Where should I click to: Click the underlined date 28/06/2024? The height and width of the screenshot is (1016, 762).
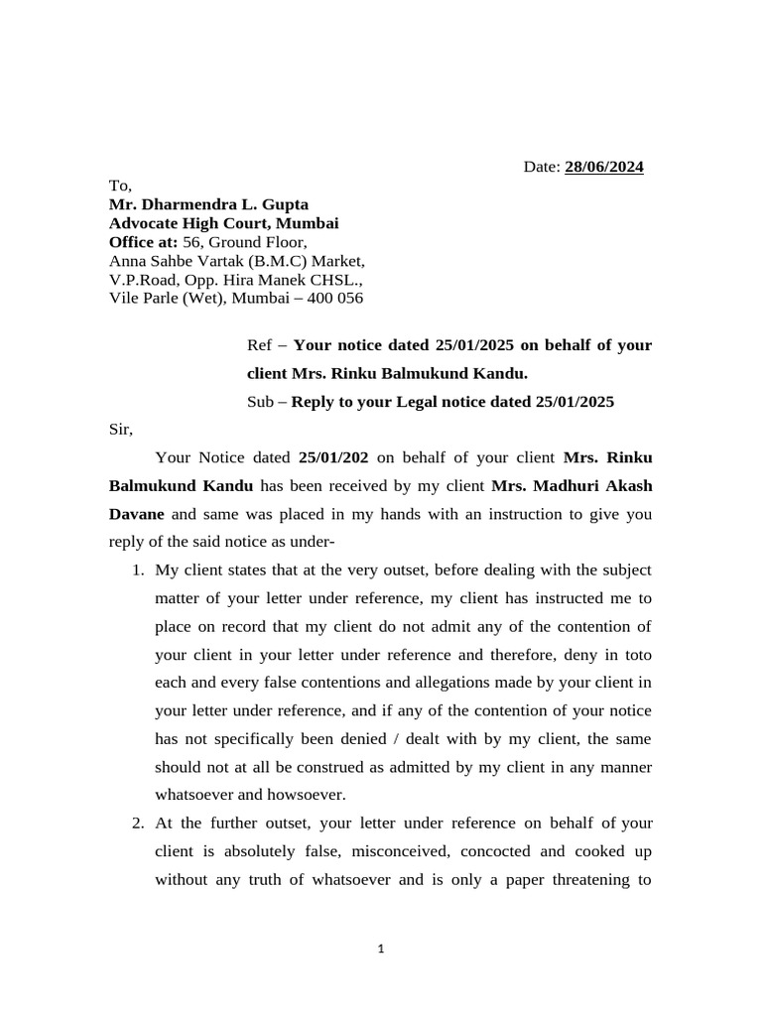click(x=604, y=167)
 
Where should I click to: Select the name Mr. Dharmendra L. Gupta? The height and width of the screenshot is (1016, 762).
click(x=208, y=204)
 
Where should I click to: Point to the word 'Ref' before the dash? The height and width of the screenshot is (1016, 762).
click(x=258, y=345)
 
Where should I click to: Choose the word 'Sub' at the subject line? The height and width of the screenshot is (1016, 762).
click(x=260, y=402)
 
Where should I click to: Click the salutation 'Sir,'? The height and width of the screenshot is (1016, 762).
click(x=119, y=430)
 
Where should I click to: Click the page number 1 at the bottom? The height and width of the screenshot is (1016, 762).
click(x=381, y=950)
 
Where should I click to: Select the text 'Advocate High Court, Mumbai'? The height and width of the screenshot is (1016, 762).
click(x=223, y=223)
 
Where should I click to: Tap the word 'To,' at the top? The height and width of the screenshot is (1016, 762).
click(x=119, y=186)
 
